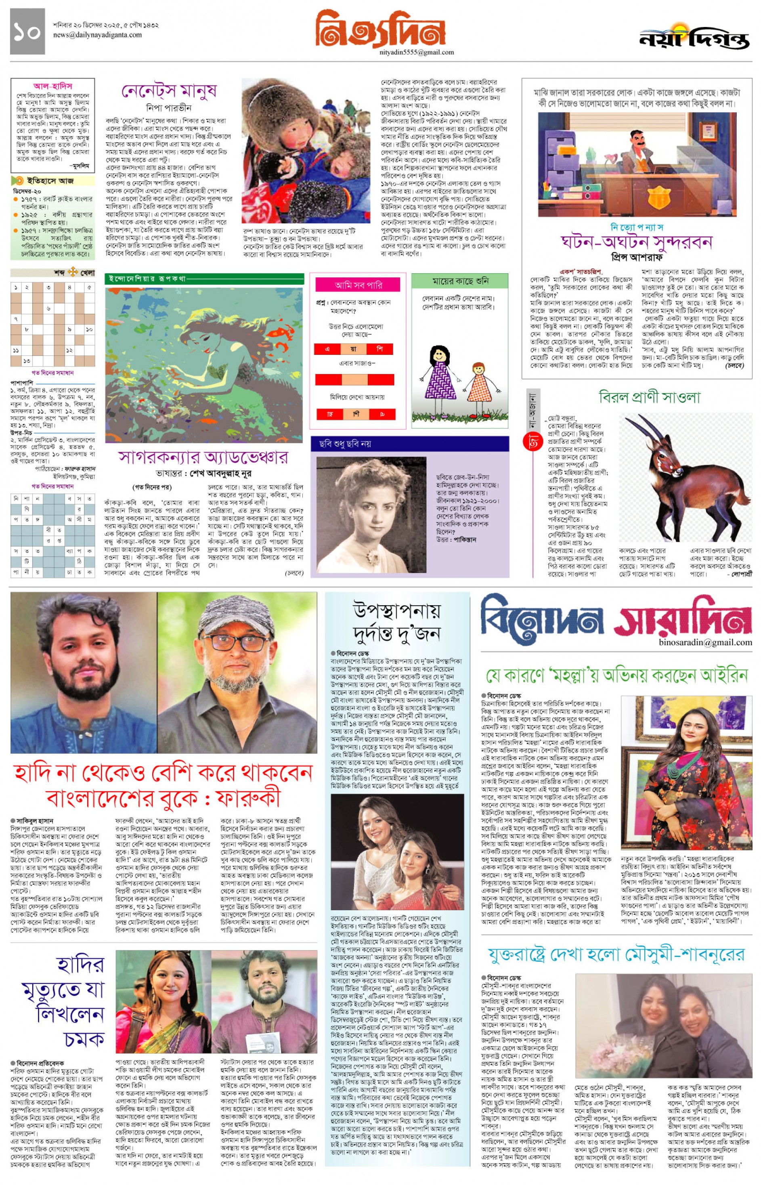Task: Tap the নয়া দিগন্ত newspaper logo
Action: point(694,38)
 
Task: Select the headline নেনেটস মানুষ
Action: point(169,91)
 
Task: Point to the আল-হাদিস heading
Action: point(53,86)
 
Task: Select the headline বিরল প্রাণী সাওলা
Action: point(649,397)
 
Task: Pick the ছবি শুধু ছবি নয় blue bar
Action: point(410,444)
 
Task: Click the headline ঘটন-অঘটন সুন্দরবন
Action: point(637,242)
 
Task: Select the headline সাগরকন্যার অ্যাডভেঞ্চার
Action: point(203,457)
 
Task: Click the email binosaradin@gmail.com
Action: point(705,642)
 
